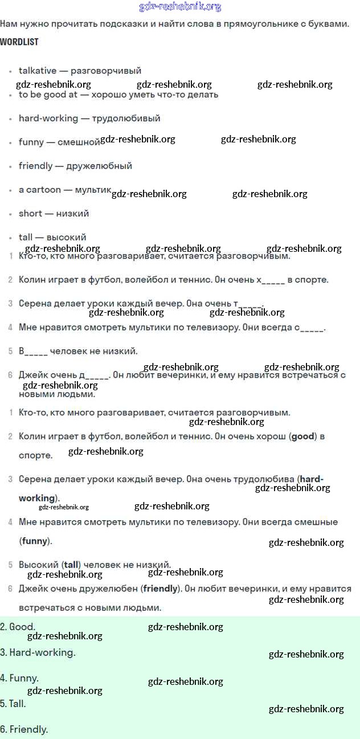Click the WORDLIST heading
[x=19, y=42]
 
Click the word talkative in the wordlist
[x=38, y=71]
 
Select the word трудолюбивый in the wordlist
[x=126, y=119]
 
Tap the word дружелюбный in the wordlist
[x=99, y=166]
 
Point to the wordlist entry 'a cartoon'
[x=40, y=190]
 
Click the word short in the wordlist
[x=30, y=214]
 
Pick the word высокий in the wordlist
[x=66, y=237]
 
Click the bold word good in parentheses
[x=302, y=436]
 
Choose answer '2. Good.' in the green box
[x=18, y=627]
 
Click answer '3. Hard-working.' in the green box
[x=38, y=652]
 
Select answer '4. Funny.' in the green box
[x=19, y=678]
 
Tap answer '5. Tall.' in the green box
[x=13, y=704]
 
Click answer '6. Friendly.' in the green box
[x=24, y=729]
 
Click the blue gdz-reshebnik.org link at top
[x=180, y=7]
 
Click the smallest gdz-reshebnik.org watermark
[x=64, y=507]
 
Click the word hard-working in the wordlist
[x=48, y=119]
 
